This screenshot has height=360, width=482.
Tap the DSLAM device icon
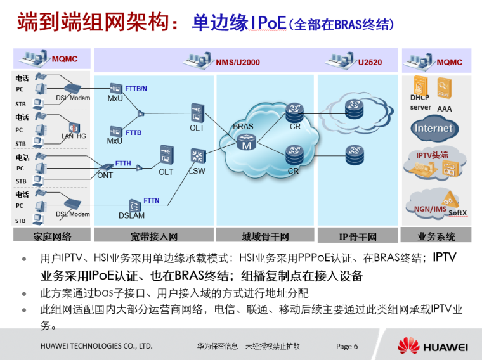pos(134,205)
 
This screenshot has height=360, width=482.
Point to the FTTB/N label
pos(137,89)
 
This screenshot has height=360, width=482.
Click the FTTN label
pos(152,200)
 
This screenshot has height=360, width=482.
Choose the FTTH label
pos(124,164)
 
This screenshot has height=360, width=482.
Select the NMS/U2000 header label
pos(238,62)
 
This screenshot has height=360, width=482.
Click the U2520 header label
pos(370,62)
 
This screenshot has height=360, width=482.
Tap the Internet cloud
pos(434,128)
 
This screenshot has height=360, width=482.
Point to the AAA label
pos(444,109)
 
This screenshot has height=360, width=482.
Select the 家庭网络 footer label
pos(53,236)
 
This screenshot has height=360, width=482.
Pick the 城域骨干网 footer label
pos(265,236)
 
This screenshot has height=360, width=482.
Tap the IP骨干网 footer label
pos(358,237)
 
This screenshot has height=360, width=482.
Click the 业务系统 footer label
pos(436,236)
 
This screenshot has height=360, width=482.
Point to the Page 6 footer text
pos(347,346)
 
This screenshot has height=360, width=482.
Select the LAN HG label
pos(74,136)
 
